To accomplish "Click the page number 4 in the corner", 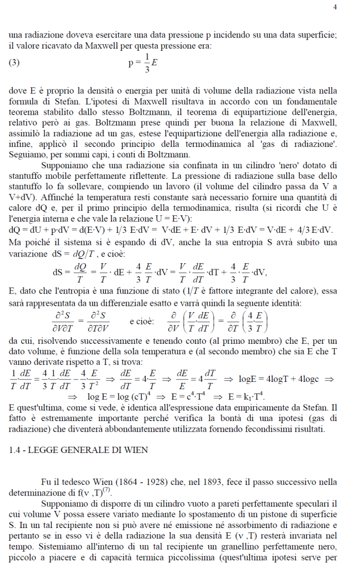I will pos(335,7).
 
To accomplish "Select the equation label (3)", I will pos(14,62).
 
